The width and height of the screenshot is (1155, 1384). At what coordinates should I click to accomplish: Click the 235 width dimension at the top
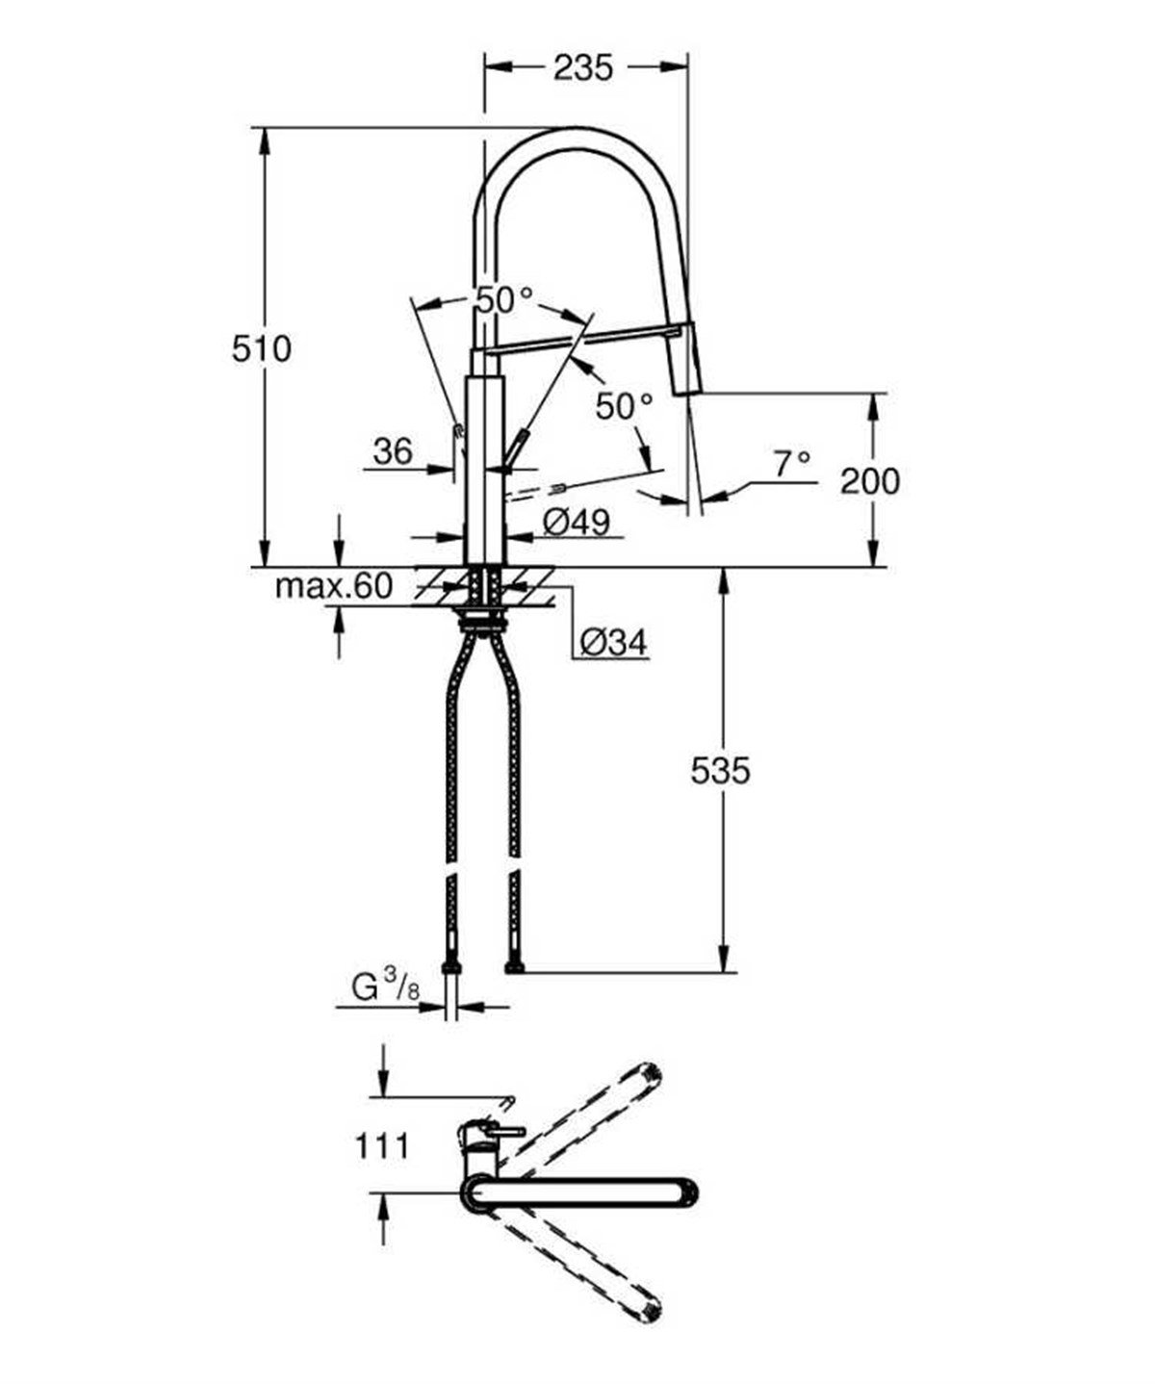(583, 67)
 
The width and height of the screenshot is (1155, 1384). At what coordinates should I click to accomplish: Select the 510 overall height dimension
(261, 348)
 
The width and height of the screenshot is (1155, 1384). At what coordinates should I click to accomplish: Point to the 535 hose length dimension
(720, 770)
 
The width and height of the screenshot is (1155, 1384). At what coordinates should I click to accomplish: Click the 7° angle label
(791, 466)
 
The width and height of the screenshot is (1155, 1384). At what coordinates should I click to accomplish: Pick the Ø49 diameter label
(576, 523)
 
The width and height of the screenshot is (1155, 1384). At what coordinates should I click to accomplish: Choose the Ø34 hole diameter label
(614, 642)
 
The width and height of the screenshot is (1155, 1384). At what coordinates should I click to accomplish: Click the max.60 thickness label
(334, 586)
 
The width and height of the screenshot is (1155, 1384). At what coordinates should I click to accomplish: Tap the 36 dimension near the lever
(393, 451)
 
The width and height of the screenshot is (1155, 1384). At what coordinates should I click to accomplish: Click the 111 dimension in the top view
(383, 1146)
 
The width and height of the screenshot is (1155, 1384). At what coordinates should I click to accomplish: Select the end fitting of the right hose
(515, 967)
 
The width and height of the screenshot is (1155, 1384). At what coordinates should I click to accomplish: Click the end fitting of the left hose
(449, 967)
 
